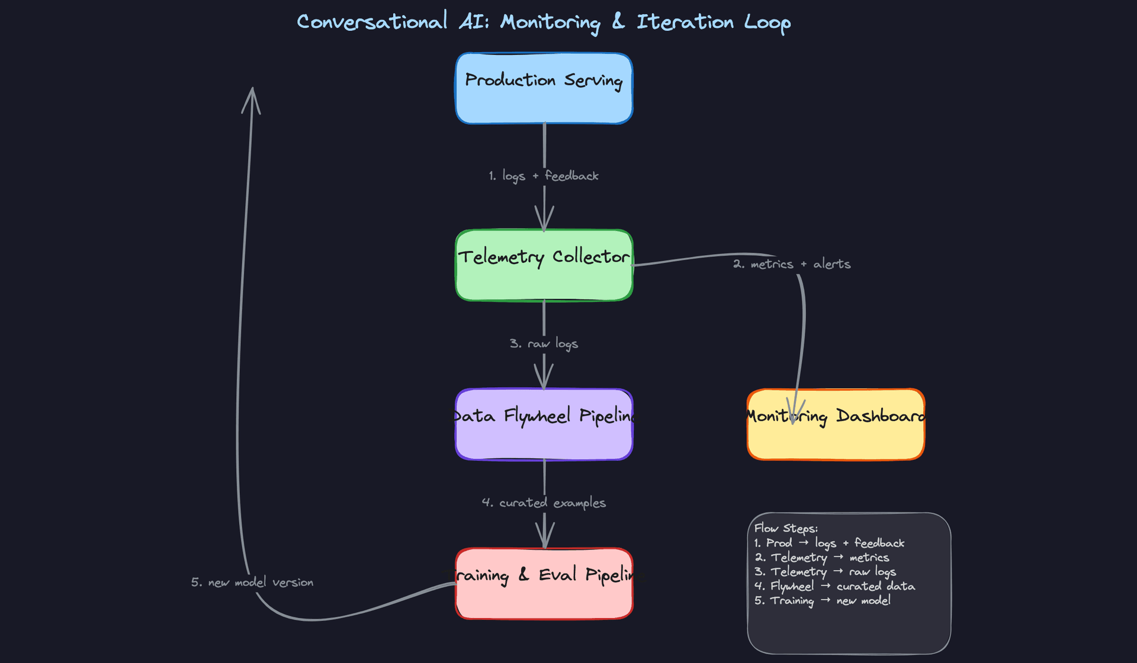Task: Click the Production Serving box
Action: point(544,89)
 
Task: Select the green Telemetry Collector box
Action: point(544,266)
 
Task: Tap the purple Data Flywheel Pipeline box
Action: point(544,424)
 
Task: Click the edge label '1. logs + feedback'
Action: point(544,176)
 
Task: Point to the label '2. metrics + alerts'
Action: point(792,264)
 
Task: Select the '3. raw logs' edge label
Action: point(544,343)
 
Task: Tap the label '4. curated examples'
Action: point(544,503)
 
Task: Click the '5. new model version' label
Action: point(252,582)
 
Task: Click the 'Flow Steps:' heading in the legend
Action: point(786,528)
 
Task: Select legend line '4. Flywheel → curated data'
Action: point(834,586)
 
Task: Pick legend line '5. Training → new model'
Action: point(822,600)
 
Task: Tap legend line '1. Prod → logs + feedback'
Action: point(829,543)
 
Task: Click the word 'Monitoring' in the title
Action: point(550,22)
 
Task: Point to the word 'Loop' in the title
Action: point(767,22)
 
